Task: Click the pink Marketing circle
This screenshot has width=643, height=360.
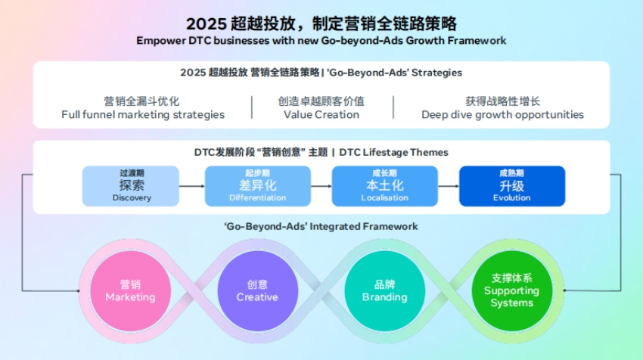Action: tap(130, 291)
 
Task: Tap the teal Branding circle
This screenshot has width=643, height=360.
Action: tap(384, 291)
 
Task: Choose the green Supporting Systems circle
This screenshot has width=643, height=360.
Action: tap(511, 291)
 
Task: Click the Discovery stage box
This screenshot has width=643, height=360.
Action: tap(131, 186)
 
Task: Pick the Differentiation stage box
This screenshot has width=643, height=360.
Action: tap(257, 186)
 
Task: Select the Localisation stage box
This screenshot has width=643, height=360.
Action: tap(384, 186)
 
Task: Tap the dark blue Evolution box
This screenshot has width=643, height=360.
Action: tap(511, 186)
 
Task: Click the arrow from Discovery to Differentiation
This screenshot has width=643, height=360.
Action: tap(192, 186)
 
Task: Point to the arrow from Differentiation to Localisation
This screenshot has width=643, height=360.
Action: tap(321, 186)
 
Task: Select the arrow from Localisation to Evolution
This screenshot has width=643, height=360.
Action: tap(448, 186)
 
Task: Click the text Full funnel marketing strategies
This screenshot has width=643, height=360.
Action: tap(143, 115)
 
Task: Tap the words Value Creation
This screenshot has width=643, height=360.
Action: tap(321, 115)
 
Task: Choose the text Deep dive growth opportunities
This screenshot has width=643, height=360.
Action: tap(502, 115)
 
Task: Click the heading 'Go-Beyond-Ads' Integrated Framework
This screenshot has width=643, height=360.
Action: tap(321, 226)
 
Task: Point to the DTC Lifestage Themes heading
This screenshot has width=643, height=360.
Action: tap(393, 152)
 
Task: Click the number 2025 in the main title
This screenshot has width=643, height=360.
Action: tap(202, 23)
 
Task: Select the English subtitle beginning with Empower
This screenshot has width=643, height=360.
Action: tap(321, 40)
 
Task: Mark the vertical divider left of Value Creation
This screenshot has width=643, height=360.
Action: tap(252, 107)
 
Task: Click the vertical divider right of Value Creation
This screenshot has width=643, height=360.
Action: tap(393, 107)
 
